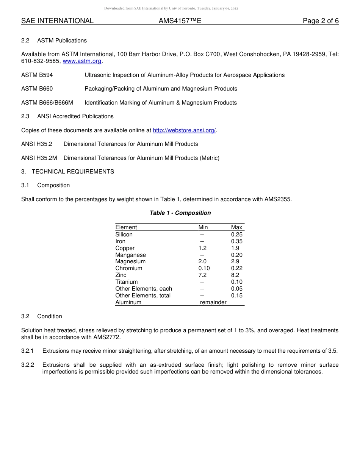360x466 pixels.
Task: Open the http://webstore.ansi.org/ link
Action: point(184,130)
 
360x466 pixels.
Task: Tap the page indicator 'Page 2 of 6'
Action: point(321,21)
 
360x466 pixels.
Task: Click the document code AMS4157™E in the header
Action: point(180,21)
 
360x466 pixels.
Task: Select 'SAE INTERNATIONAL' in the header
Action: point(57,21)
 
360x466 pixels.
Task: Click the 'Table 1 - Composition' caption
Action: point(180,213)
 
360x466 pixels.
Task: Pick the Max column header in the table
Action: point(236,227)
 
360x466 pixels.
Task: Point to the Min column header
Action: point(203,227)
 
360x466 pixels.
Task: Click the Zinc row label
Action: point(121,275)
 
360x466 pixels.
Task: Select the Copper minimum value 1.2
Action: point(202,248)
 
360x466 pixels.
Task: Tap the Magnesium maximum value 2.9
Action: point(235,261)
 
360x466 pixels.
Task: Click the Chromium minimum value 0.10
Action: point(204,268)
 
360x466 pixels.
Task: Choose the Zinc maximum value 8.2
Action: point(235,275)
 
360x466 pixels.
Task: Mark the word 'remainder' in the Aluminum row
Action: point(213,302)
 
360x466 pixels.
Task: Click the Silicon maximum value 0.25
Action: point(236,235)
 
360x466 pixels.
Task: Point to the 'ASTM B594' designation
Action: point(37,75)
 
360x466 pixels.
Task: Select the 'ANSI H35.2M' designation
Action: point(39,158)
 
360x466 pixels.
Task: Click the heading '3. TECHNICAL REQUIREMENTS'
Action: point(67,172)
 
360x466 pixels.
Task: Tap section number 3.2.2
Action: point(28,365)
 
